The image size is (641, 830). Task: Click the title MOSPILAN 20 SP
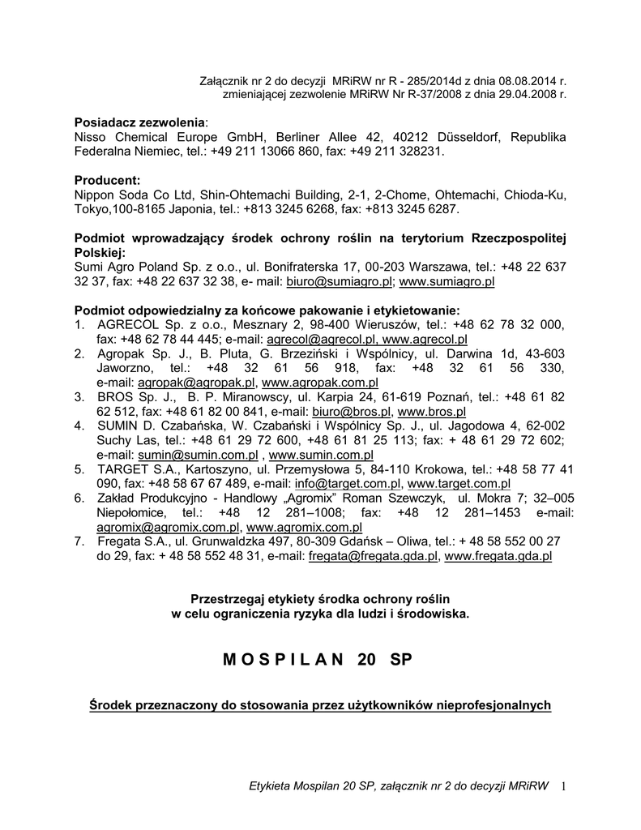317,660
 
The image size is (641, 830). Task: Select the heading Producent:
108,179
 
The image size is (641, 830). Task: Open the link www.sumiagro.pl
447,281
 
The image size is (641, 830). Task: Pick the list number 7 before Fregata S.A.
79,541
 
